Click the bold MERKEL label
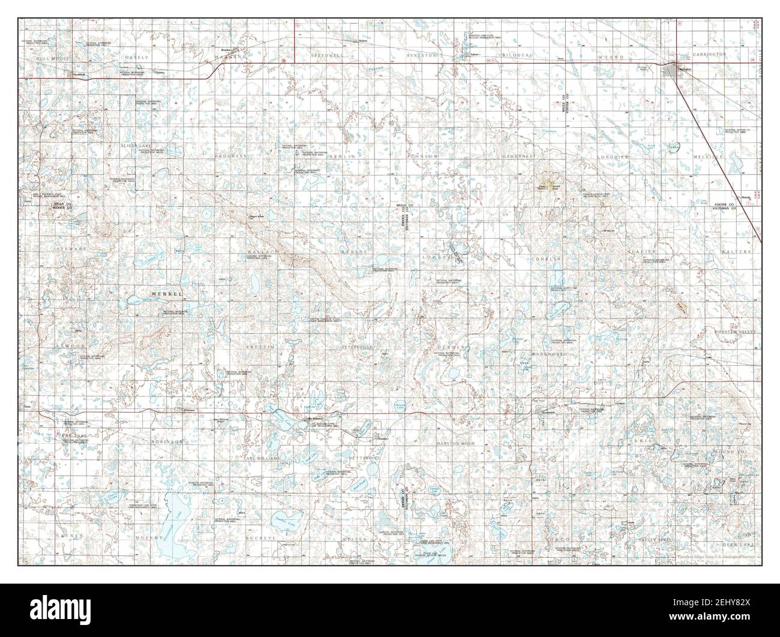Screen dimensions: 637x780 point(166,293)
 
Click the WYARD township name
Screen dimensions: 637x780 point(611,56)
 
